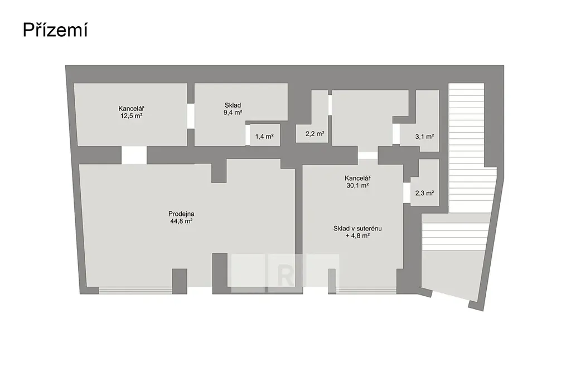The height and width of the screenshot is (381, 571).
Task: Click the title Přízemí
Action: [x=55, y=30]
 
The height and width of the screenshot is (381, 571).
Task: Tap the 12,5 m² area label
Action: [x=132, y=116]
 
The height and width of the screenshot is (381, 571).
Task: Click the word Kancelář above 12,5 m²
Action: [x=131, y=109]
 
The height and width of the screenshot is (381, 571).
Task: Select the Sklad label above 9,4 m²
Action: [x=233, y=105]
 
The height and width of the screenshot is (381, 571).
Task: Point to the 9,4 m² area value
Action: [x=233, y=113]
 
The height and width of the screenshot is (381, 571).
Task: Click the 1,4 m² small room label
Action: [x=264, y=137]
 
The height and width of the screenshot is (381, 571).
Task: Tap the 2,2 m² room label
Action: [x=314, y=134]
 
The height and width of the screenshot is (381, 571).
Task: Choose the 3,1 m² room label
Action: [x=424, y=137]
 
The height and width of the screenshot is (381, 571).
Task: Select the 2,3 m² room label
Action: [x=424, y=193]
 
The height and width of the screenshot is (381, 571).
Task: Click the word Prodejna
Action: [x=181, y=214]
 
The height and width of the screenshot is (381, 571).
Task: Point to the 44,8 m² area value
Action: [x=181, y=221]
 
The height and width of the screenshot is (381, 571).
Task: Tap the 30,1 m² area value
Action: [x=357, y=185]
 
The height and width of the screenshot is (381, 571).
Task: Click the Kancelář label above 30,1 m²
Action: [x=357, y=178]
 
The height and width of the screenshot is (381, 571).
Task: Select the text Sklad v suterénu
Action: [x=357, y=228]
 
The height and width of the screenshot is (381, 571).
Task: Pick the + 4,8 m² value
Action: [x=357, y=235]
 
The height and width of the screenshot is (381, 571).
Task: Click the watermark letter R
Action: [x=285, y=276]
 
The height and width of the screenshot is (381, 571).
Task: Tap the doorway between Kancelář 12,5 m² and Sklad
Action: [x=191, y=116]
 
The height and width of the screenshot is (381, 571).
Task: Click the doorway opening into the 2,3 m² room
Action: [x=407, y=192]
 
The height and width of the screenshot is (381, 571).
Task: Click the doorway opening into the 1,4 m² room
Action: [x=248, y=135]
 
